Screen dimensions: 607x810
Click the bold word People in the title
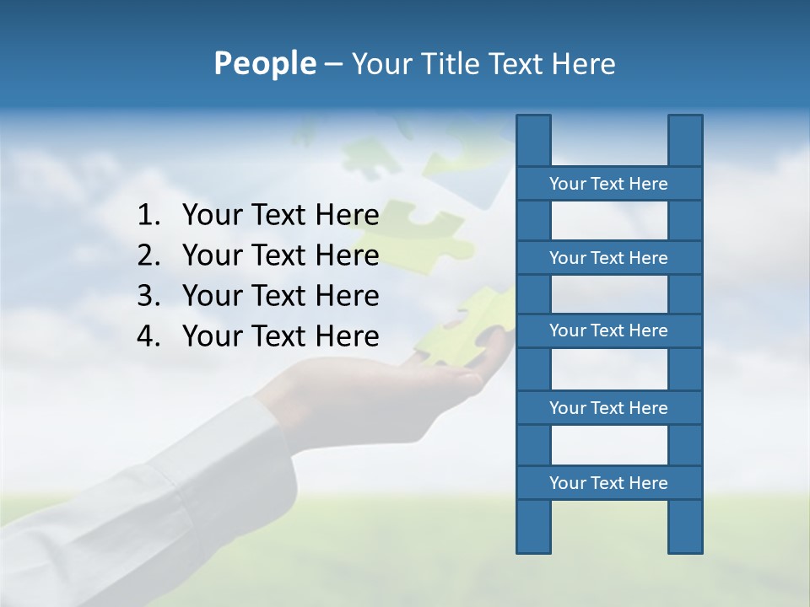264,63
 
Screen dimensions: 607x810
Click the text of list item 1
280,216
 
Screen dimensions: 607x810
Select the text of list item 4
280,336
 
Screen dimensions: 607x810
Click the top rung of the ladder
608,183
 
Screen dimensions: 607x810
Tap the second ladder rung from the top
608,257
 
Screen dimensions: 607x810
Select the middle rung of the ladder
608,330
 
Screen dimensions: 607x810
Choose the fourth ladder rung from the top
608,407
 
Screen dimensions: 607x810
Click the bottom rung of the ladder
608,482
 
